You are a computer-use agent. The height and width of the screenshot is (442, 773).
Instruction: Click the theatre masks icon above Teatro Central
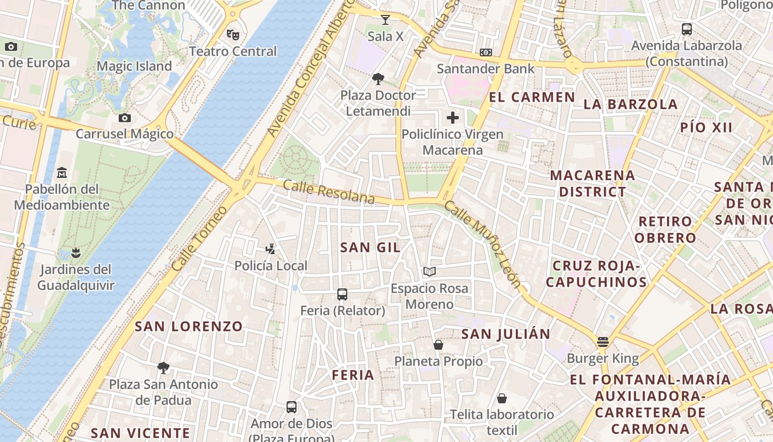click(233, 34)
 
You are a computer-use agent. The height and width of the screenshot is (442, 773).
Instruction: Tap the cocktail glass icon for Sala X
click(385, 20)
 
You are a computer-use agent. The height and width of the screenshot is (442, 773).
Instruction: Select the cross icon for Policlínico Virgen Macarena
click(453, 118)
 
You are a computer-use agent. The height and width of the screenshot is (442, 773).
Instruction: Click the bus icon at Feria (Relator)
click(342, 294)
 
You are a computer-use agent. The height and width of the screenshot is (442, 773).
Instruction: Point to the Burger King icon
click(602, 342)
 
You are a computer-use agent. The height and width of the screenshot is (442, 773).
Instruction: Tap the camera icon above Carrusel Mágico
click(125, 118)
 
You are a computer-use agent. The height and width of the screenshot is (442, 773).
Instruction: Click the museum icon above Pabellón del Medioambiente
click(62, 173)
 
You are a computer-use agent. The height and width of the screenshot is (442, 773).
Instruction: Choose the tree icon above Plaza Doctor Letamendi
click(378, 78)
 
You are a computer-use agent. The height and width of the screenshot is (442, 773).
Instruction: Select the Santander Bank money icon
click(486, 52)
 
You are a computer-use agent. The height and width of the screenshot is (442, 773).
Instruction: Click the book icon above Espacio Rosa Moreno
click(430, 271)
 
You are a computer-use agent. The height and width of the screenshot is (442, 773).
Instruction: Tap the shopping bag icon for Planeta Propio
click(438, 345)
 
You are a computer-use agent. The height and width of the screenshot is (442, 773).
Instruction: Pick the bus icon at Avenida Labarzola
click(687, 29)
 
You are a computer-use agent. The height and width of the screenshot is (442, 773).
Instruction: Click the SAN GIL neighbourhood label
click(370, 248)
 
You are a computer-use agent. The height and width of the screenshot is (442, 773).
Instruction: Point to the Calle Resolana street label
click(329, 192)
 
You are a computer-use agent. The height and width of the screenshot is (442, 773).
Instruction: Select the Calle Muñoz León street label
click(483, 244)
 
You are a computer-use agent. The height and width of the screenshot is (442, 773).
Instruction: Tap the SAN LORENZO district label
click(189, 327)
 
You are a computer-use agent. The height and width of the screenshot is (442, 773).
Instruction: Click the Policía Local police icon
click(271, 249)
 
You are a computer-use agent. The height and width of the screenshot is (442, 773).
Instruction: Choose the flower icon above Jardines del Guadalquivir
click(76, 253)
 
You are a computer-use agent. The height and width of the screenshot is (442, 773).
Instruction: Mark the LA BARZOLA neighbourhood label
click(630, 104)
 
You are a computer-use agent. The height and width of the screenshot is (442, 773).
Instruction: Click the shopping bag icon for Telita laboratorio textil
click(502, 398)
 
